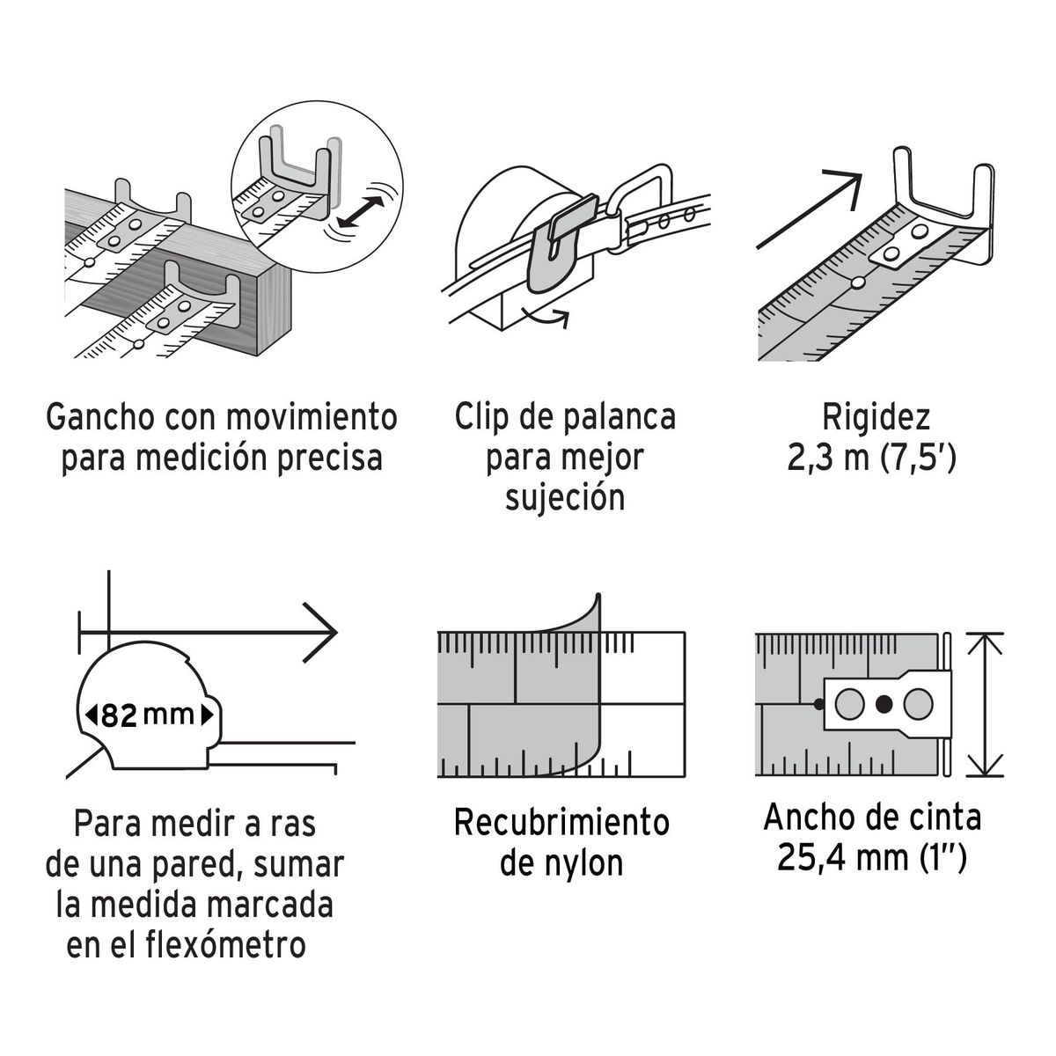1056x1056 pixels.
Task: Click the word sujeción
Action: click(564, 498)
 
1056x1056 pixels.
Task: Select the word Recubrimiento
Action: click(561, 823)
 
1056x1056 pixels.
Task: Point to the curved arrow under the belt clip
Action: click(544, 317)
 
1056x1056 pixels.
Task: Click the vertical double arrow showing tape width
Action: click(985, 704)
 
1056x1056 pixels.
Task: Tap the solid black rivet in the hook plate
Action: click(884, 704)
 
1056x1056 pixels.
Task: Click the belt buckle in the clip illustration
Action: click(643, 207)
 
